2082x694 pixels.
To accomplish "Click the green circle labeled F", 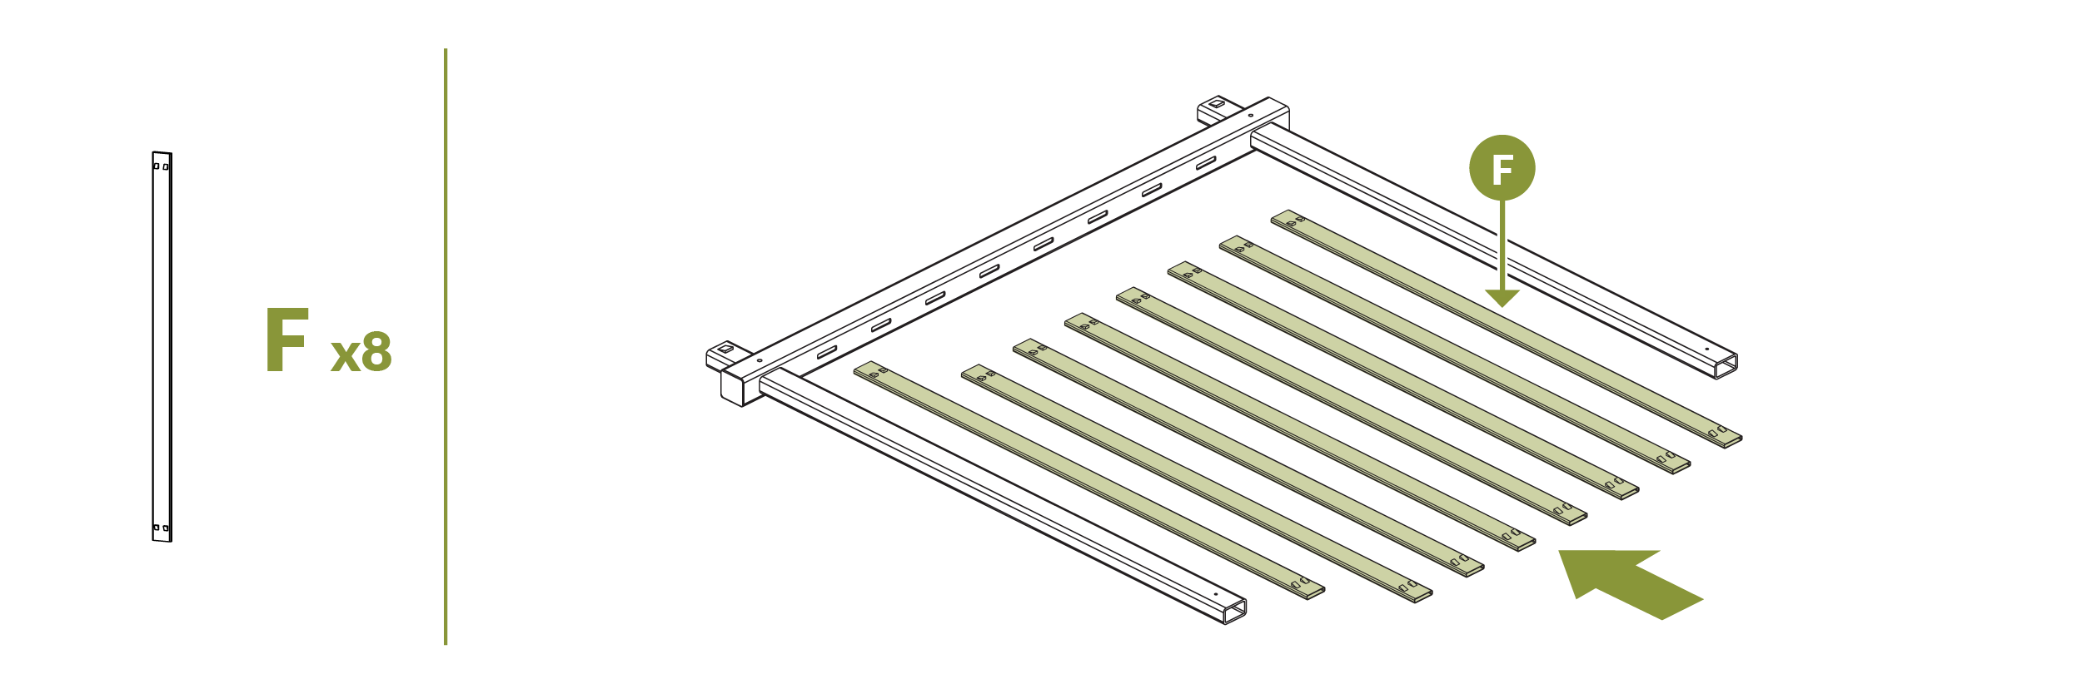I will [1502, 168].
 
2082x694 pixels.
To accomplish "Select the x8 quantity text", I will [361, 353].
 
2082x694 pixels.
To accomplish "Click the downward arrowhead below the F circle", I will [1502, 298].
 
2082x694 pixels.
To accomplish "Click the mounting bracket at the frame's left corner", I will [723, 353].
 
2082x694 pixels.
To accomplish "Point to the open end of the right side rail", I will [1726, 366].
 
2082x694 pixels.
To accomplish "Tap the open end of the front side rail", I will [1236, 612].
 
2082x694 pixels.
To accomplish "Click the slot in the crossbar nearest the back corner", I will [1206, 163].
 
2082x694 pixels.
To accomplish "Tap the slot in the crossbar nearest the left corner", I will [827, 352].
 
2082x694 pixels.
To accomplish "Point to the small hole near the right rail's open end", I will [1706, 349].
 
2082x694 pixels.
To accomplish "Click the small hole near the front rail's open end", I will [1215, 594].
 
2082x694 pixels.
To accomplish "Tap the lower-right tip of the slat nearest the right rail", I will [1732, 441].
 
